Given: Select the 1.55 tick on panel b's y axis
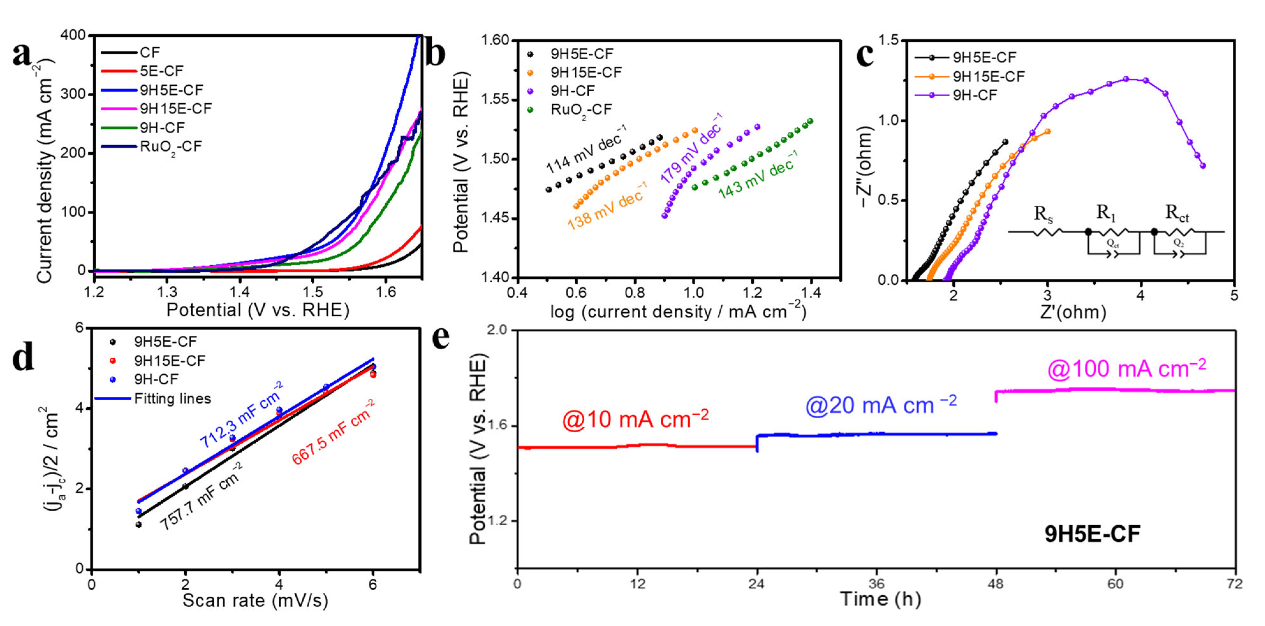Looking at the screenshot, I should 496,100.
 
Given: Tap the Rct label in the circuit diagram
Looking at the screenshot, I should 1177,214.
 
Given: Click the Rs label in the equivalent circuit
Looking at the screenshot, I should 1043,215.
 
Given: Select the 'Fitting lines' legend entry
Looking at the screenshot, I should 172,399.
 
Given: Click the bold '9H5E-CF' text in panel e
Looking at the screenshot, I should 1092,534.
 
